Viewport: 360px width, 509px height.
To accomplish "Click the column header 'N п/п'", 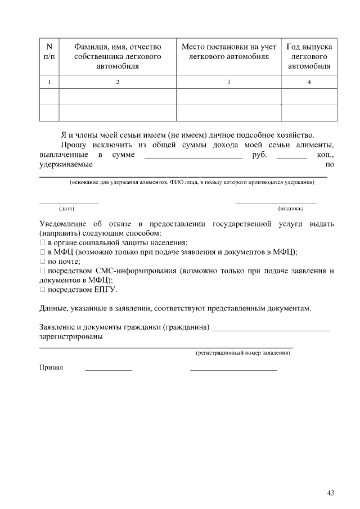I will (x=49, y=51).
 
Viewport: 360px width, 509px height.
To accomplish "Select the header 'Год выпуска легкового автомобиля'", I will (x=309, y=56).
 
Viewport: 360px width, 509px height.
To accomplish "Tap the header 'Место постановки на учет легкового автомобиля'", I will (x=228, y=51).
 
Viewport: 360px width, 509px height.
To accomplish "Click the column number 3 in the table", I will (x=228, y=83).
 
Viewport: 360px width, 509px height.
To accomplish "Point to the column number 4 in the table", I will (x=309, y=83).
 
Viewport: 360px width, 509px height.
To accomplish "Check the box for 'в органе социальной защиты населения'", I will (x=42, y=242).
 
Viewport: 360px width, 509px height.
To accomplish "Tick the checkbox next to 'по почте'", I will (x=42, y=262).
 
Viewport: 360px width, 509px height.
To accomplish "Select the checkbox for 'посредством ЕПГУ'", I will (x=42, y=290).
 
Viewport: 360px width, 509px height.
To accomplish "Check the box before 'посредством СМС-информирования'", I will (x=42, y=271).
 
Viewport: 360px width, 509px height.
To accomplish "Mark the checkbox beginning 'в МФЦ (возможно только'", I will (x=42, y=252).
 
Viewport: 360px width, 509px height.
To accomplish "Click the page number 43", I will (x=330, y=493).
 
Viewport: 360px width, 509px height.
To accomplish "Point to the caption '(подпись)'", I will (x=291, y=209).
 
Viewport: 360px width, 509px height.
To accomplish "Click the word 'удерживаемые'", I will (x=66, y=164).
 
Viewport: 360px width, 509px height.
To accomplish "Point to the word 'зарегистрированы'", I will (x=71, y=337).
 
